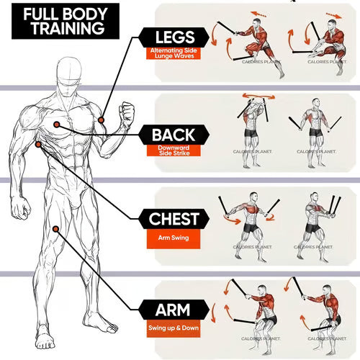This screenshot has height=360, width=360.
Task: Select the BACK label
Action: click(x=179, y=134)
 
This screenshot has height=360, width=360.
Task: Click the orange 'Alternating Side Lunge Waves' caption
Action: click(x=176, y=53)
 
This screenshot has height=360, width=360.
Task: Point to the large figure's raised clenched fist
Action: click(x=127, y=113)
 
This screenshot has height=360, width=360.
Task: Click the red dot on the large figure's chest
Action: click(x=55, y=125)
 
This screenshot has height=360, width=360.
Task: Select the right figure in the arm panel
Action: click(x=324, y=313)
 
